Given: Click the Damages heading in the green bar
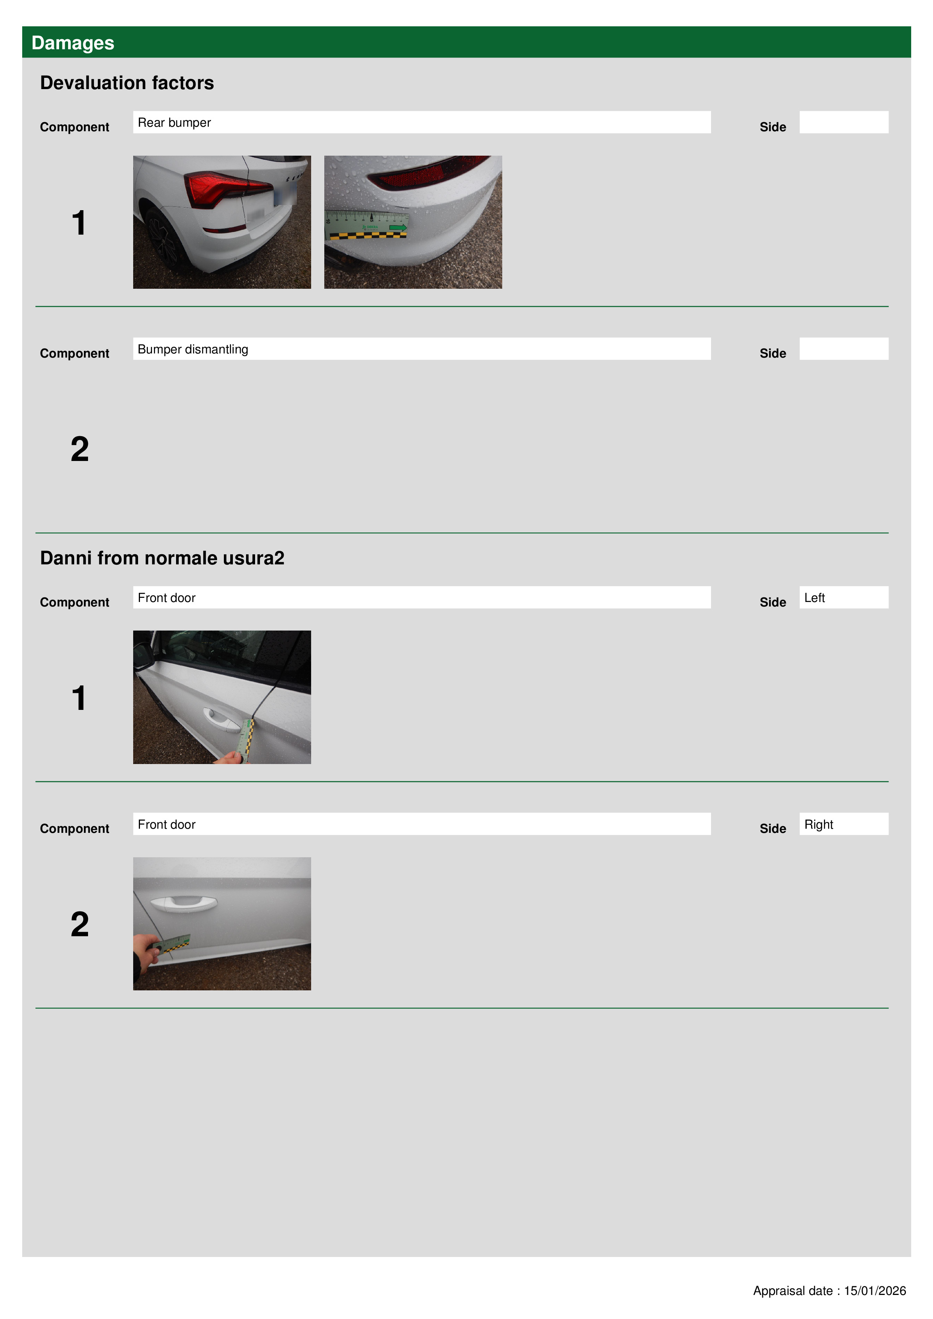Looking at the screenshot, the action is click(73, 43).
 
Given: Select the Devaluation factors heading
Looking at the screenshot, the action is click(127, 83).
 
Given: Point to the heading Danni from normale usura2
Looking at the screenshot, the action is click(162, 558).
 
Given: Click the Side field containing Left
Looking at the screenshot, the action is click(843, 597).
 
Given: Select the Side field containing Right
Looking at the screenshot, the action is click(843, 824).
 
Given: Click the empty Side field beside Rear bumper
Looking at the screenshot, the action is click(843, 122).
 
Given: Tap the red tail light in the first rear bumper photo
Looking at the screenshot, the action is click(227, 188).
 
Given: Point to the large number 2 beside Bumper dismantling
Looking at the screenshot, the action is click(80, 449).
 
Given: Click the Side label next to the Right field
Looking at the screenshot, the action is click(773, 828).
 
